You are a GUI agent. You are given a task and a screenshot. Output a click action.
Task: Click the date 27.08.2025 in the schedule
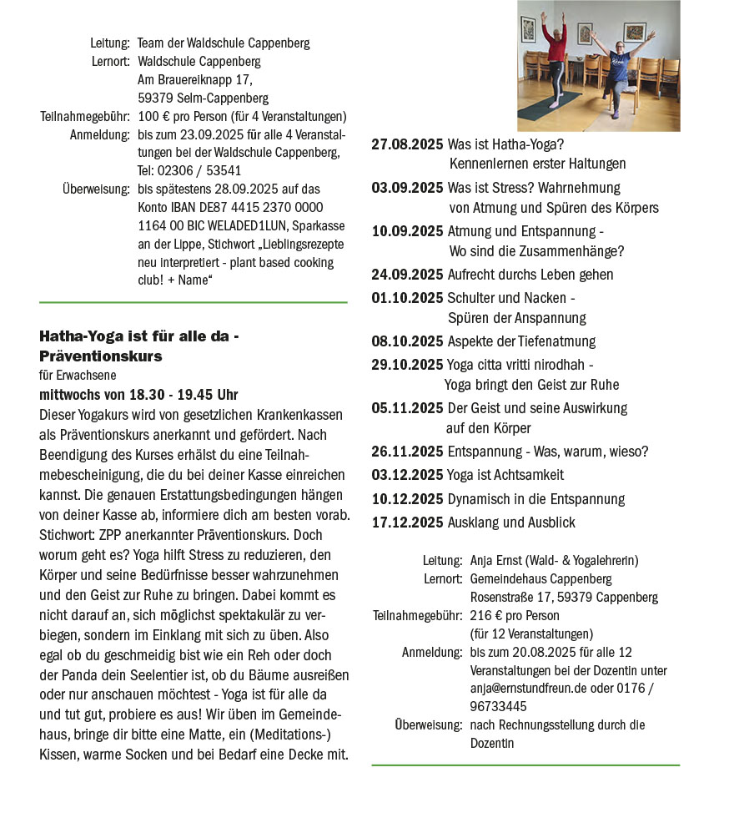(407, 144)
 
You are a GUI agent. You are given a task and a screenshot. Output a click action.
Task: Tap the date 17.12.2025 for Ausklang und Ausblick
(407, 522)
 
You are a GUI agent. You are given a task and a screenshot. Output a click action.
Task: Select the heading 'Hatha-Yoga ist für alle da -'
(139, 336)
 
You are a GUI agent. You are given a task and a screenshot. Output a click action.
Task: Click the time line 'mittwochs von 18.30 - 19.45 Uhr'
(138, 394)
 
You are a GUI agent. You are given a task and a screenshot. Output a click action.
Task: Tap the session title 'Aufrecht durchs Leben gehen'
(530, 275)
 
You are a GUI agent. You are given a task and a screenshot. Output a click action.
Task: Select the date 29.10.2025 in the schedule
(407, 365)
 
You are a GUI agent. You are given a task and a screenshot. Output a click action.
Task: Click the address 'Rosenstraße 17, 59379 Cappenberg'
(564, 598)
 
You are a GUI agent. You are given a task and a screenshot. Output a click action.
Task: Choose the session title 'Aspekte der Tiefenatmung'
(521, 341)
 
